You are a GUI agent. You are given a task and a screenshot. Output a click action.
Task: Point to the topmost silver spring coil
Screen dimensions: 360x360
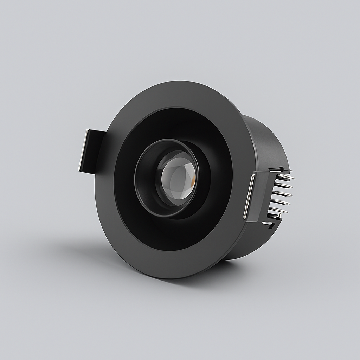(x=287, y=177)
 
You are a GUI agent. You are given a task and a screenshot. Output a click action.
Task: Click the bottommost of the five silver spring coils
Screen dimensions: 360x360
(x=278, y=210)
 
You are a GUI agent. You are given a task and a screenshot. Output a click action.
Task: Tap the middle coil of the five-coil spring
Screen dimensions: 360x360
(x=282, y=193)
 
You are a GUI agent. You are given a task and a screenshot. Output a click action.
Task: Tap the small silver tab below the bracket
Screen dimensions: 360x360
(x=267, y=223)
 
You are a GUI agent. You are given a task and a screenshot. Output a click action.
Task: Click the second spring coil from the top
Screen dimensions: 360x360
(x=284, y=185)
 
